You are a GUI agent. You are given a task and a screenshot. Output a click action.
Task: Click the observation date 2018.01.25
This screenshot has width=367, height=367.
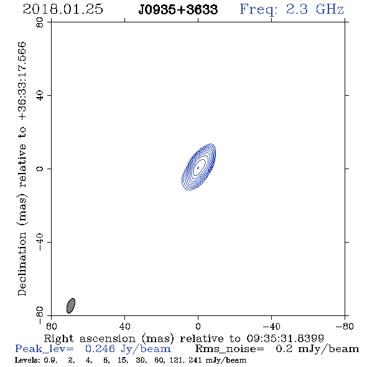point(63,9)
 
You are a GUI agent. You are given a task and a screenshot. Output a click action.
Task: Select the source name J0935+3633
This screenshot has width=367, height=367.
point(178,10)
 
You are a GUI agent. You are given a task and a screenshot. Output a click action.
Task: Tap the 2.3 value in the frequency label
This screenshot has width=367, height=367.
point(297,9)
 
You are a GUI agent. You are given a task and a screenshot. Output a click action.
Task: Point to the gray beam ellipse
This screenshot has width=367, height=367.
point(71,305)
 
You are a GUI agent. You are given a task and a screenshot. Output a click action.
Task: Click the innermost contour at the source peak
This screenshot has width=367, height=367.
point(198,167)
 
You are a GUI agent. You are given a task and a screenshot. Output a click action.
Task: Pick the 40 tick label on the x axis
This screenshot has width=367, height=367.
point(124,326)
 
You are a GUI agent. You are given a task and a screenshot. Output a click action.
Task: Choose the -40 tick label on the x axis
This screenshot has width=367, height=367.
point(271,326)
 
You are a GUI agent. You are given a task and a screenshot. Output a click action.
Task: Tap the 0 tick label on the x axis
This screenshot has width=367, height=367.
point(198,326)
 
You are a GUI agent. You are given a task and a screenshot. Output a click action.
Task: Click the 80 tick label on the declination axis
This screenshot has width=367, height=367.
point(40,22)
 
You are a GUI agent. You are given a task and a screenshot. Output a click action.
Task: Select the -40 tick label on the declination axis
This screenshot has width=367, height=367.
point(40,242)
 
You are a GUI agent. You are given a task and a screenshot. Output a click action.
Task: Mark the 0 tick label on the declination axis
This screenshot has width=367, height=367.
point(40,169)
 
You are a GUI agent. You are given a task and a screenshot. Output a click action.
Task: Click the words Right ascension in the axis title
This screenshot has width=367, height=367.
point(90,338)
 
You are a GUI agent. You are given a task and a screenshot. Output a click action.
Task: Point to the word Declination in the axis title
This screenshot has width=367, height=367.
point(22,264)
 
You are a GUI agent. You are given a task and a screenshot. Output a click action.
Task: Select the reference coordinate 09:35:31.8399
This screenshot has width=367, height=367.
point(285,338)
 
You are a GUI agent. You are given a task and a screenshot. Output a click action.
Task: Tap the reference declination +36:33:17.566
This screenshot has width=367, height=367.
point(22,81)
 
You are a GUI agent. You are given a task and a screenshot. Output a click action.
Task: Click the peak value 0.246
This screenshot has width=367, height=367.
point(100,349)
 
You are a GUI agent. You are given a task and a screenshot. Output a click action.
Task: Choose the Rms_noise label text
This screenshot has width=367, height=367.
point(230,349)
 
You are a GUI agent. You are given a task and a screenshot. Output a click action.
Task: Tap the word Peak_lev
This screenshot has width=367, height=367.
point(44,349)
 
